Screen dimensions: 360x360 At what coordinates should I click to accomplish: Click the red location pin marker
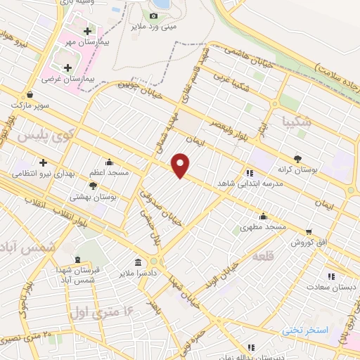click(x=181, y=165)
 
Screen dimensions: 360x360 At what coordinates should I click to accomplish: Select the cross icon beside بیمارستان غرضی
click(x=67, y=68)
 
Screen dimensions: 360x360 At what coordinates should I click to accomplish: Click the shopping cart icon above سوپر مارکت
click(x=30, y=94)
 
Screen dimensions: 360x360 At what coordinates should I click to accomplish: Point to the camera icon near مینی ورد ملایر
click(x=153, y=15)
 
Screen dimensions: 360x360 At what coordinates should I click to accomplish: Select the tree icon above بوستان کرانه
click(x=298, y=159)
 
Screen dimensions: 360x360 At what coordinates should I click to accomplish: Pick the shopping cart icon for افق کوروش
click(x=308, y=231)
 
